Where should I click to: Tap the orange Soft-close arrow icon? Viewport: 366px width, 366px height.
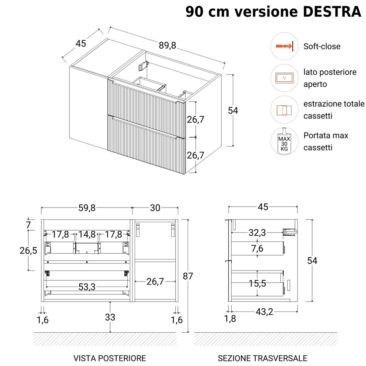coord(284,46)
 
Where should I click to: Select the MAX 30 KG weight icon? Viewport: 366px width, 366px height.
coord(284,141)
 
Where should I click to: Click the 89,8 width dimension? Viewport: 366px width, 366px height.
coord(167,45)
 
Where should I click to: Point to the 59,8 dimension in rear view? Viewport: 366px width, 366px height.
coord(87,208)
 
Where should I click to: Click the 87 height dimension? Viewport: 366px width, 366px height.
coord(188,276)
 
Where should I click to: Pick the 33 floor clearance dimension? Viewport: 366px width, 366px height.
coord(110,317)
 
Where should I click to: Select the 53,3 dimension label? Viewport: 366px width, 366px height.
coord(87,287)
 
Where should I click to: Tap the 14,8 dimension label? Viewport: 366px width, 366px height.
coord(87,234)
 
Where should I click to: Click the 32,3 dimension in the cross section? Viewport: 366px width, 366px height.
coord(257,233)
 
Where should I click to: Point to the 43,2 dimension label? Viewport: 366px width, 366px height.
coord(264,311)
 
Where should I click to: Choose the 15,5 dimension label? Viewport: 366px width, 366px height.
coord(257,283)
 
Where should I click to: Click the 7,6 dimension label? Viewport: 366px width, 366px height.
coord(257,249)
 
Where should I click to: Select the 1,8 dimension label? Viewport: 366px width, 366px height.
coord(230,319)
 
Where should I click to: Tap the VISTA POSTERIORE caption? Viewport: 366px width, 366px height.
coord(109,358)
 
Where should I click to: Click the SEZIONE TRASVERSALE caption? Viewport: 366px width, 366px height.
coord(262,358)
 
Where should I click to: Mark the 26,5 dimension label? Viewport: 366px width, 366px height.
coord(28,250)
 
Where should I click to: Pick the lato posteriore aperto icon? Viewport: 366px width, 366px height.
coord(284,78)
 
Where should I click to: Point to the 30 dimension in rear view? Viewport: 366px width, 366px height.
coord(155,208)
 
